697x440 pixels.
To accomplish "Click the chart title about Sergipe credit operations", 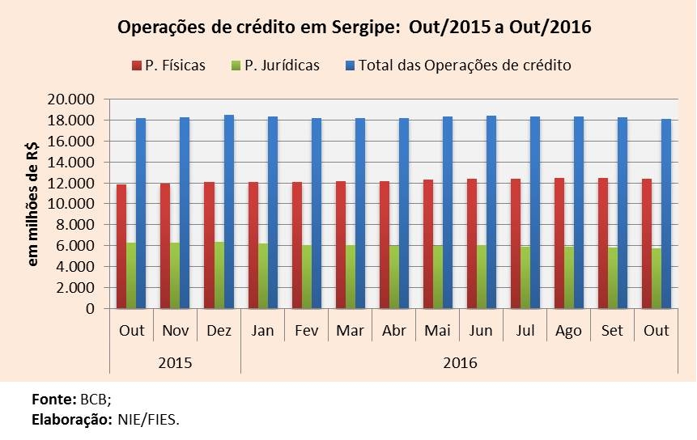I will (355, 27).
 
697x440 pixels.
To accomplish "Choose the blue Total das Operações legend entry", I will (457, 66).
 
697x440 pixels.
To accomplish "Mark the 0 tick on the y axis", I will (90, 309).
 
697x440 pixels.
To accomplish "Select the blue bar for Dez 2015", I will (229, 212).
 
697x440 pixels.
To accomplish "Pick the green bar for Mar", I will (351, 277).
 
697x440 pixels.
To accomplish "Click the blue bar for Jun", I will (493, 212).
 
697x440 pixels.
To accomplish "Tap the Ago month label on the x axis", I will (569, 331).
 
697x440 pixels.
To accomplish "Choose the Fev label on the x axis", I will (306, 331).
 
